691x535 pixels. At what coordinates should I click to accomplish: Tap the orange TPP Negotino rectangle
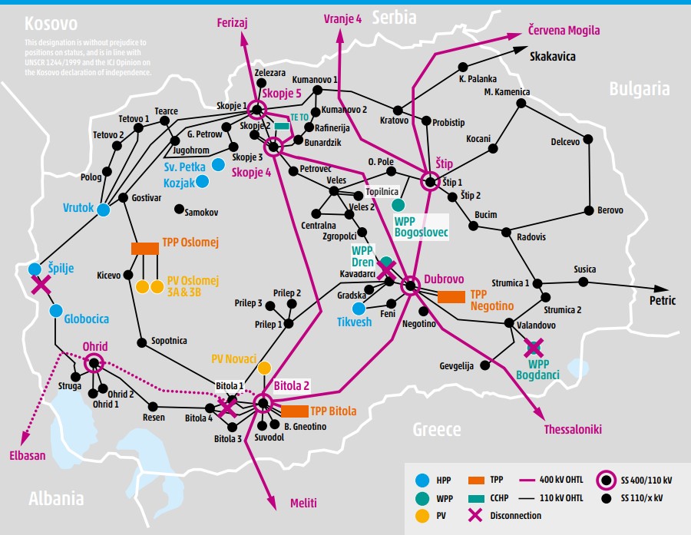coord(451,296)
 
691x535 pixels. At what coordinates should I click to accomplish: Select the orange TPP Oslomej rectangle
coord(144,248)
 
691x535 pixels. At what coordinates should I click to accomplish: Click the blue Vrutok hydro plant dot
coord(104,209)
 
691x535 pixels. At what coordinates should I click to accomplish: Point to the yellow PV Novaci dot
coord(265,367)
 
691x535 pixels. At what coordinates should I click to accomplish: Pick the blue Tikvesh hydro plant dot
coord(358,308)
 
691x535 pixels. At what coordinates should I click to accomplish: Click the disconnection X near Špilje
coord(41,286)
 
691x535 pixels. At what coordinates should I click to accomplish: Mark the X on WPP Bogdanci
coord(532,347)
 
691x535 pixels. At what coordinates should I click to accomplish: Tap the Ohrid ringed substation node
coord(94,363)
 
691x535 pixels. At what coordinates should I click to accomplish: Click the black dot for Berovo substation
coord(590,210)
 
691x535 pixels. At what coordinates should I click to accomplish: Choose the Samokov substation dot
coord(179,210)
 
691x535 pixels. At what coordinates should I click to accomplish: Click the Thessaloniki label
coord(573,428)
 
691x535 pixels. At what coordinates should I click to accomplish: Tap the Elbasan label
coord(28,454)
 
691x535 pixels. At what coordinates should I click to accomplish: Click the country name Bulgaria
coord(639,89)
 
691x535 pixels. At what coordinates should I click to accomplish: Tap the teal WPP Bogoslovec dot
coord(398,205)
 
